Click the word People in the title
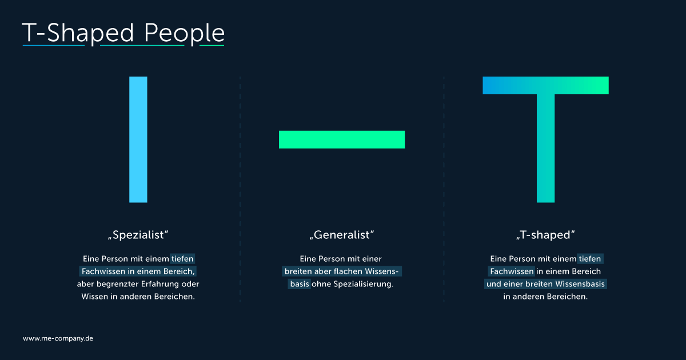pos(184,33)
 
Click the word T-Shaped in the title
pos(78,33)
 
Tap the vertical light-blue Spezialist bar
pos(138,139)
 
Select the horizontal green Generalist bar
pos(342,139)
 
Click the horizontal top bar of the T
pos(546,85)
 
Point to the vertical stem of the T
pos(546,148)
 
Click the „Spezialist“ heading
pos(138,235)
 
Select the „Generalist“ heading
pos(342,235)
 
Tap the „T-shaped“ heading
pos(545,235)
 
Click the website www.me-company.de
pos(58,338)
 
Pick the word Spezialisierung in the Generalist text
pos(363,284)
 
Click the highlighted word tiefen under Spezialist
pos(182,259)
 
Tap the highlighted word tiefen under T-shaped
pos(590,259)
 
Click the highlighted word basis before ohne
pos(300,284)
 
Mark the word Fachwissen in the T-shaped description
pos(512,271)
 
